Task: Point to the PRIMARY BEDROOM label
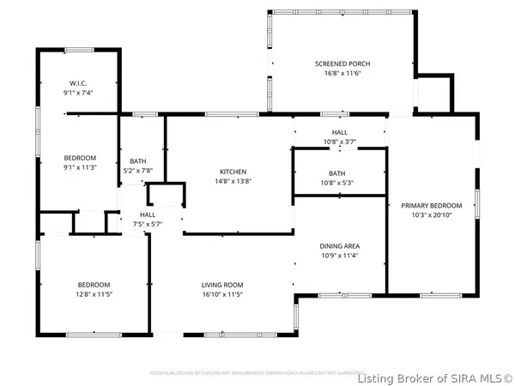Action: pyautogui.click(x=432, y=205)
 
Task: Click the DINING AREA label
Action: pyautogui.click(x=339, y=244)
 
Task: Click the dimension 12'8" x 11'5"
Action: pyautogui.click(x=94, y=295)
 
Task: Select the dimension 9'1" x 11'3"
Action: pyautogui.click(x=80, y=168)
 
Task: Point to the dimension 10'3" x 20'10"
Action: pyautogui.click(x=432, y=215)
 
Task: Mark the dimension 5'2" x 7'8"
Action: pyautogui.click(x=138, y=171)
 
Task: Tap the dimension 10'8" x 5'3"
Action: pyautogui.click(x=337, y=182)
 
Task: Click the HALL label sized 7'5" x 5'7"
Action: pyautogui.click(x=148, y=214)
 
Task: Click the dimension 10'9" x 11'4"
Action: pyautogui.click(x=339, y=255)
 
